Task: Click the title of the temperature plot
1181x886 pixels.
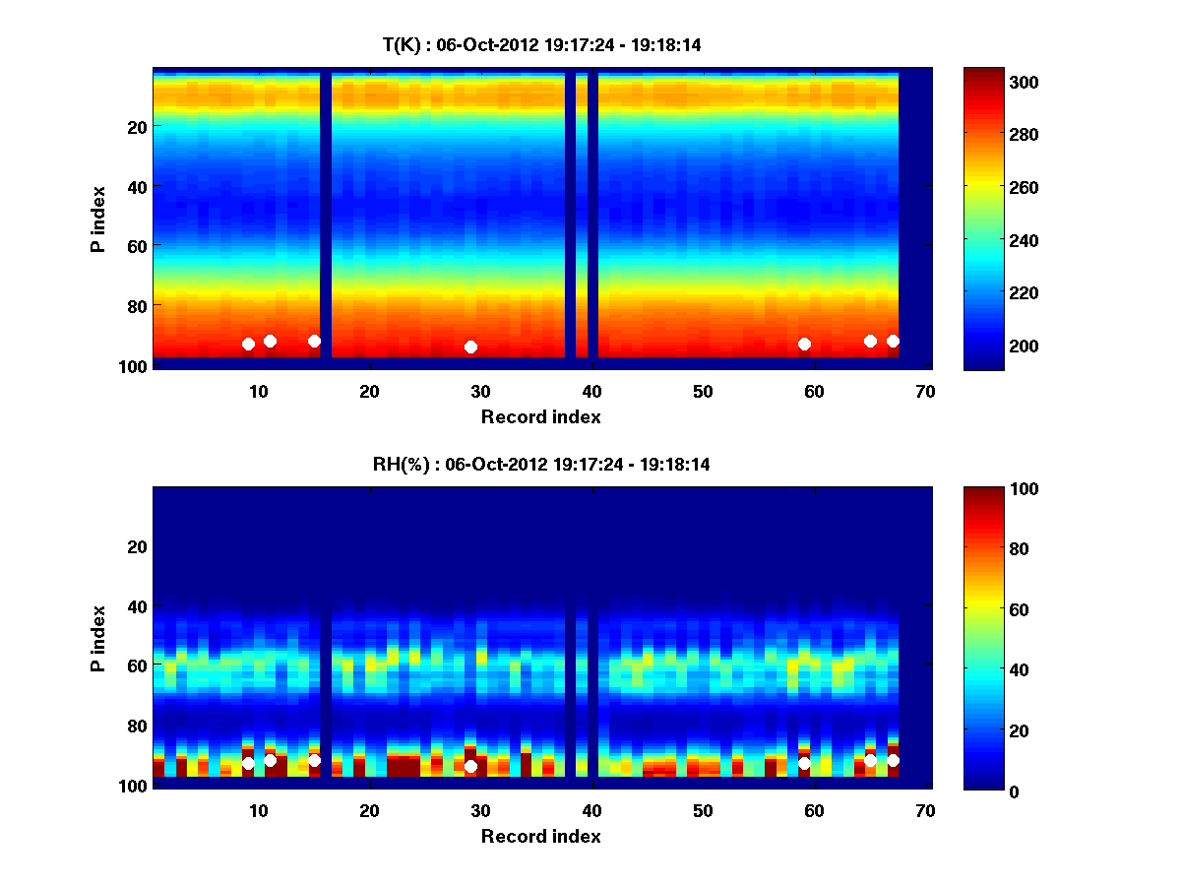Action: pyautogui.click(x=541, y=44)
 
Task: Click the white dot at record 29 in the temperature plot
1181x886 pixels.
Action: pyautogui.click(x=470, y=347)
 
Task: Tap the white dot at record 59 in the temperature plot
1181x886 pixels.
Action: pyautogui.click(x=804, y=344)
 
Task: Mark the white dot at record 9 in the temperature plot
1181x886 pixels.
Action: pyautogui.click(x=248, y=344)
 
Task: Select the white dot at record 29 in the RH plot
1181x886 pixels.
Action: pyautogui.click(x=470, y=766)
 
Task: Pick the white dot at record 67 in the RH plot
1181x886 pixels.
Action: pyautogui.click(x=893, y=760)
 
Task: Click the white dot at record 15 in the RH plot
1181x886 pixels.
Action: pyautogui.click(x=314, y=760)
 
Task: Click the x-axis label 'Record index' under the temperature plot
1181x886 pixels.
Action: pyautogui.click(x=540, y=416)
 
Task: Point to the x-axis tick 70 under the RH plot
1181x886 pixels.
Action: pyautogui.click(x=924, y=810)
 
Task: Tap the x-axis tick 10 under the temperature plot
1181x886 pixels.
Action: pyautogui.click(x=258, y=391)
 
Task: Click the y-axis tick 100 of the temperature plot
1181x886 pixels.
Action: pyautogui.click(x=135, y=365)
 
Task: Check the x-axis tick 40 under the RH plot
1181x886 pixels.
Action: pyautogui.click(x=591, y=810)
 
